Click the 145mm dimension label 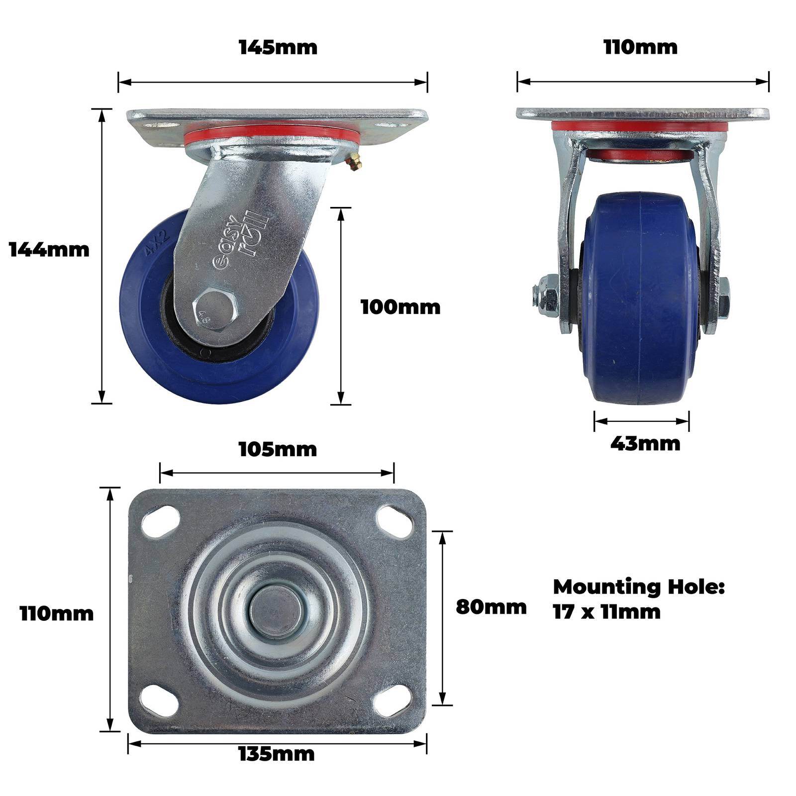pyautogui.click(x=278, y=47)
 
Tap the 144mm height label pyautogui.click(x=49, y=249)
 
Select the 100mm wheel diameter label pyautogui.click(x=400, y=307)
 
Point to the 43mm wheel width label pyautogui.click(x=645, y=443)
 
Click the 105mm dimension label pyautogui.click(x=278, y=449)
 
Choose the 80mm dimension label pyautogui.click(x=491, y=607)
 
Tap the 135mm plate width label pyautogui.click(x=277, y=754)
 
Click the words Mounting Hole pyautogui.click(x=639, y=587)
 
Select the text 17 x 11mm pyautogui.click(x=607, y=612)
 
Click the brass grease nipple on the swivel pyautogui.click(x=355, y=163)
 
